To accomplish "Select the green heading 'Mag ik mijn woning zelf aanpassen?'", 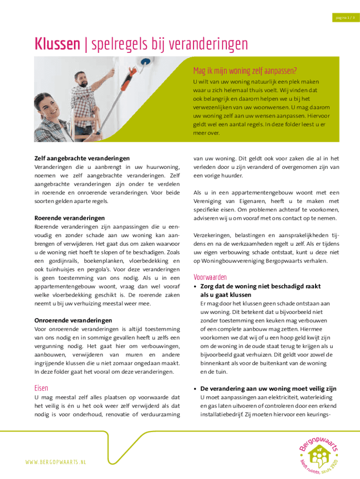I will coord(245,71).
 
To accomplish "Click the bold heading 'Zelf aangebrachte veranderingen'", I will coord(82,159).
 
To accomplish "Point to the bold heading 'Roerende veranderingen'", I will coord(69,218).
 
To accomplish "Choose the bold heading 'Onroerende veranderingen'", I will coord(73,320).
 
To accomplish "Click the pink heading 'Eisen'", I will coord(42,388).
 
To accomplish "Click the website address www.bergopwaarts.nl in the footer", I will coord(56,462).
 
